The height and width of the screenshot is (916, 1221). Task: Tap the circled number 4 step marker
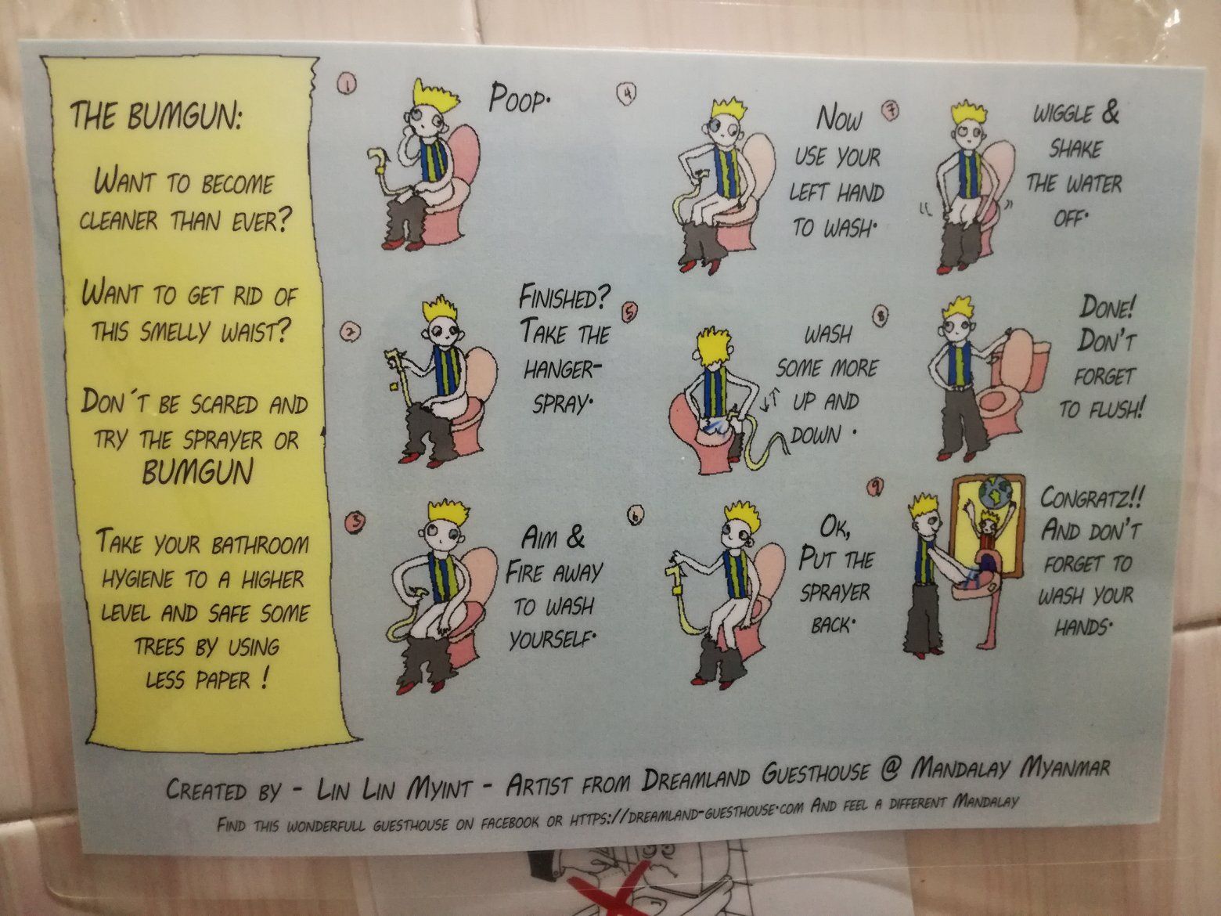coord(627,94)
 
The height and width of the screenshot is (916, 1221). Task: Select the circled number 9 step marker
coord(875,487)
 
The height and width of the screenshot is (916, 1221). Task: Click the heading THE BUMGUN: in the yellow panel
coord(156,116)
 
